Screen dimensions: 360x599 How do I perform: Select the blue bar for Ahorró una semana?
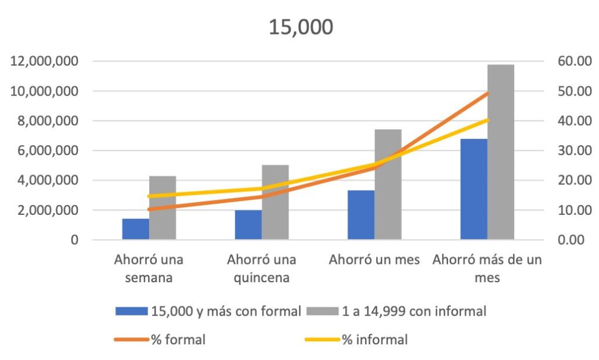136,229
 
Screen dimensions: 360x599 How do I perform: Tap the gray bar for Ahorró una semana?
163,208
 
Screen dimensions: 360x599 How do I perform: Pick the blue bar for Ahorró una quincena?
249,225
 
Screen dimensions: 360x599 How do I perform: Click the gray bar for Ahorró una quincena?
276,203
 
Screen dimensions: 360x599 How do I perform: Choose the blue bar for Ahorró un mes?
361,215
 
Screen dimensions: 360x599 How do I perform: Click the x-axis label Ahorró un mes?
374,259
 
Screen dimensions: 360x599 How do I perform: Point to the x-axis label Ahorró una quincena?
261,268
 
